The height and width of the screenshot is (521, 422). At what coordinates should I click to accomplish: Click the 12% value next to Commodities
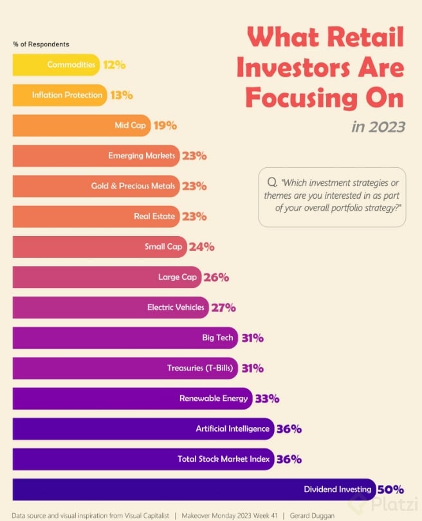pyautogui.click(x=114, y=65)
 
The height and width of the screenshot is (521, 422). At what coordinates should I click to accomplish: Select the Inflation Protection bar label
pyautogui.click(x=67, y=95)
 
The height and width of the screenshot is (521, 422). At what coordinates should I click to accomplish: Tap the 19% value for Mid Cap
pyautogui.click(x=165, y=125)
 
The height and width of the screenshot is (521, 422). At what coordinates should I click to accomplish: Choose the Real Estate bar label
pyautogui.click(x=154, y=216)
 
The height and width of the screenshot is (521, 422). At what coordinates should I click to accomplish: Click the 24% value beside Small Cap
pyautogui.click(x=201, y=246)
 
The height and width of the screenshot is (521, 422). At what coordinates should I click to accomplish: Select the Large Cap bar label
pyautogui.click(x=178, y=277)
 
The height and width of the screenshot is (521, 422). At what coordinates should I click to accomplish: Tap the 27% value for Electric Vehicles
pyautogui.click(x=223, y=307)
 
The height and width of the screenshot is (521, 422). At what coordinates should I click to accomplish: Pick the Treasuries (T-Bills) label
pyautogui.click(x=199, y=368)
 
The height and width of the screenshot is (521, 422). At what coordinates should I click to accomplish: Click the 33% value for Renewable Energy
pyautogui.click(x=266, y=399)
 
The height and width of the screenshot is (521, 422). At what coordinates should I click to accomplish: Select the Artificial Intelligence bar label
pyautogui.click(x=233, y=428)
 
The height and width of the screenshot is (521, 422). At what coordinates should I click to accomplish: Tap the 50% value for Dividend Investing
pyautogui.click(x=390, y=489)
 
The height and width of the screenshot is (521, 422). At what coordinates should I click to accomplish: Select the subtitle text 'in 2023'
pyautogui.click(x=378, y=126)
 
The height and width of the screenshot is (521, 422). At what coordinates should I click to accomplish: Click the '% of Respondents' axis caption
pyautogui.click(x=41, y=44)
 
